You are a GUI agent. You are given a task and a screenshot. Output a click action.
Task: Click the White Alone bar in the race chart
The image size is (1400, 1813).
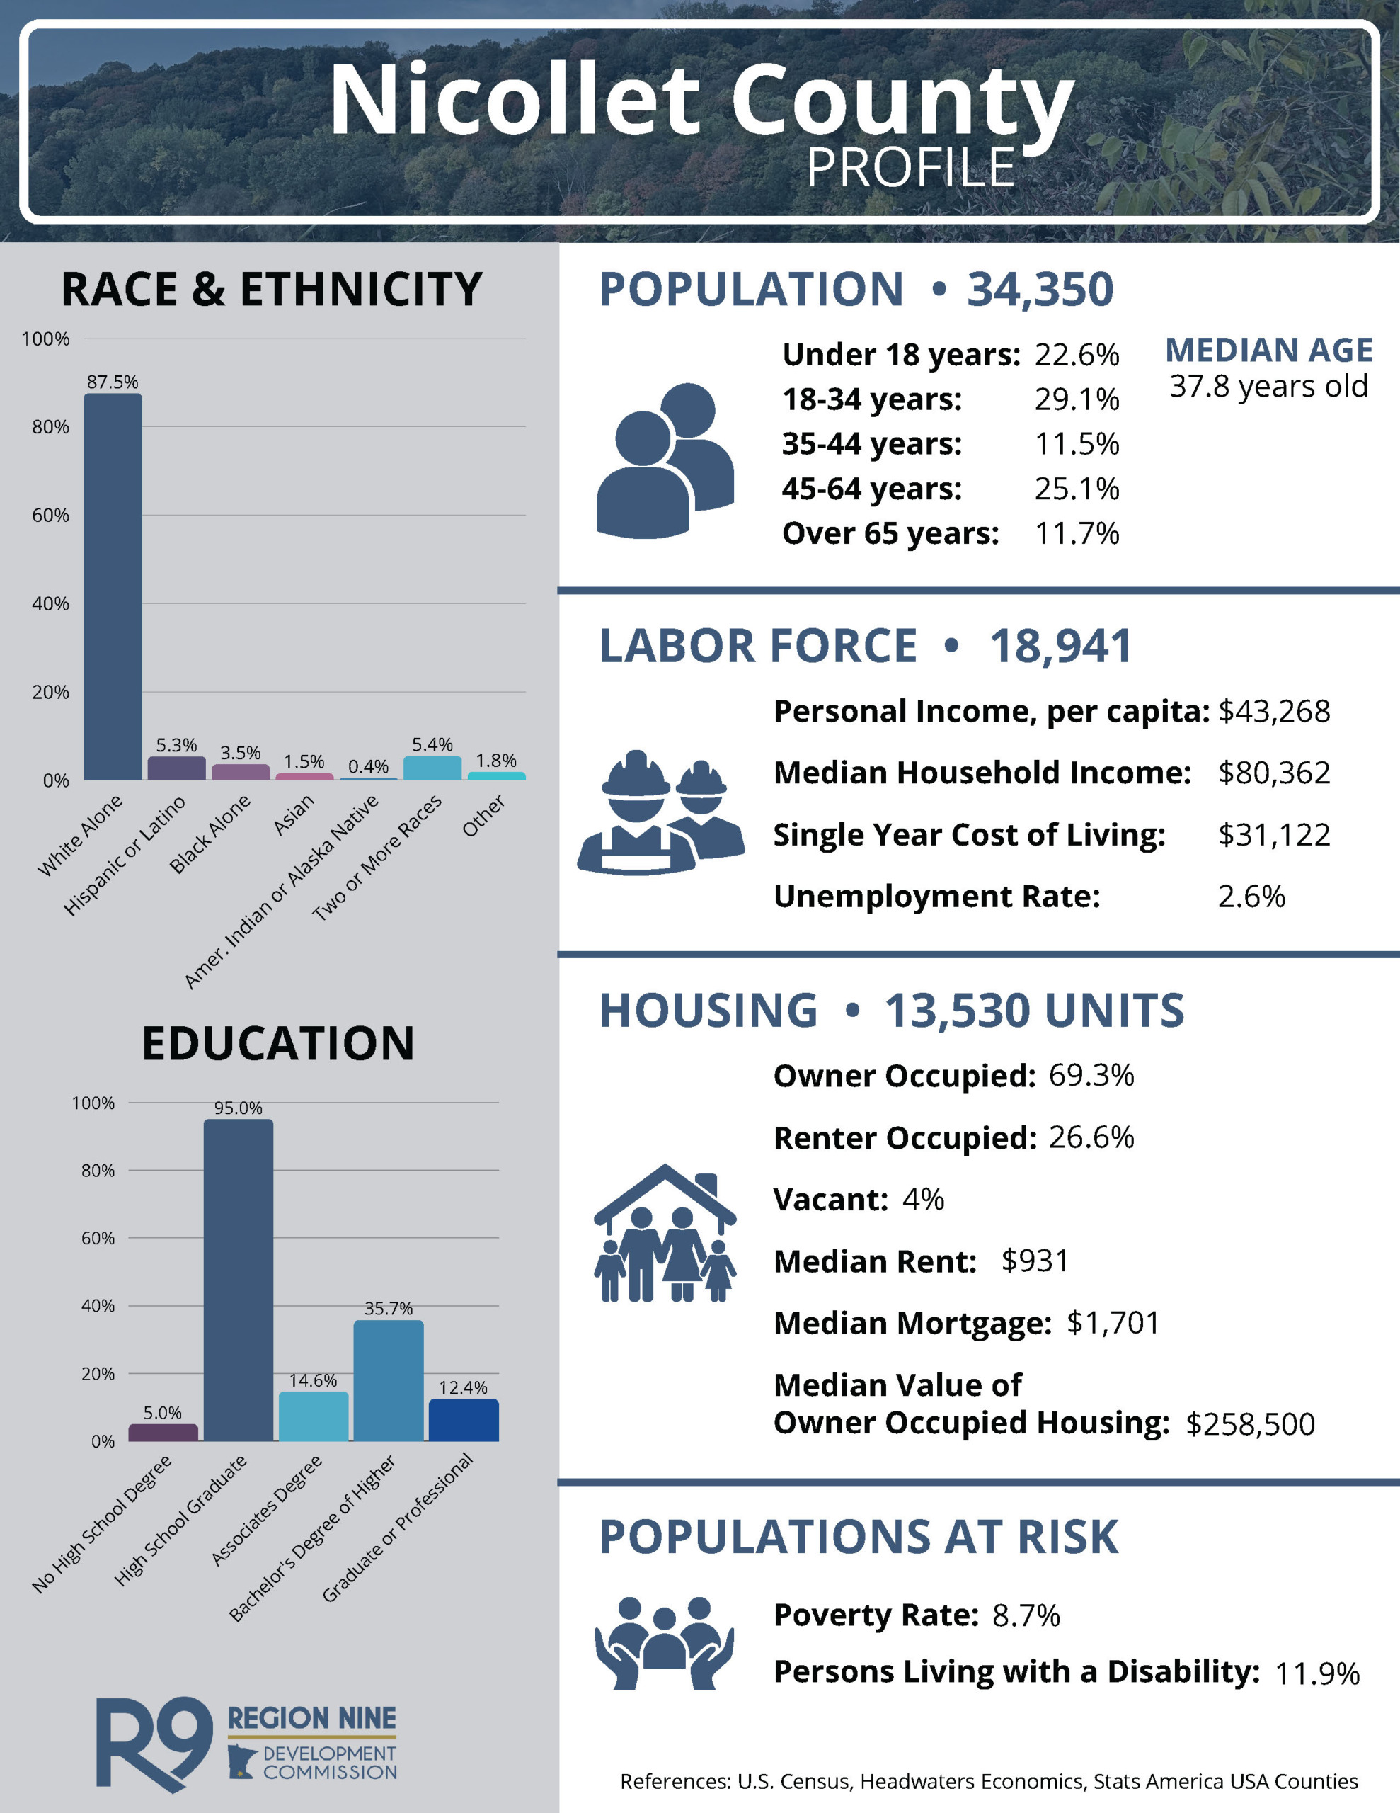(x=113, y=586)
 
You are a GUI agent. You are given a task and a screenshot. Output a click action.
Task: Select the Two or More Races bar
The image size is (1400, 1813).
(x=432, y=768)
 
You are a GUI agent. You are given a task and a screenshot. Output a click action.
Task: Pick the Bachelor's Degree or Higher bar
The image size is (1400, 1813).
(x=389, y=1380)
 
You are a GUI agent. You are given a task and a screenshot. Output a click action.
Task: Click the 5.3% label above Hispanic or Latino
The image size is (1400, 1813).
(x=176, y=744)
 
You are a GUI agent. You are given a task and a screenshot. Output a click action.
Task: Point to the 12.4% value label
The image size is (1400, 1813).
(x=463, y=1387)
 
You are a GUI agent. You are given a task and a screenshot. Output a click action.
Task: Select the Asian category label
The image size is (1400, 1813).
(x=294, y=814)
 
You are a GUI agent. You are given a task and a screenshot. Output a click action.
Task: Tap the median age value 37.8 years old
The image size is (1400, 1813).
(x=1268, y=386)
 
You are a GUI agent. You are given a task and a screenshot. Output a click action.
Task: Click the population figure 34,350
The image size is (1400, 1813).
(x=1040, y=289)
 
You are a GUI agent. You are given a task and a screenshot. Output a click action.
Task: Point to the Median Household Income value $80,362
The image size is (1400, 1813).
(x=1273, y=773)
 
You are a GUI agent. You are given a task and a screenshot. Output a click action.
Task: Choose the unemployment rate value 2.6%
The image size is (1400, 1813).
(x=1251, y=897)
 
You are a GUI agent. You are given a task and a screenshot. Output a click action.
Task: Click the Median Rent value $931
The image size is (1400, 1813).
(x=1035, y=1261)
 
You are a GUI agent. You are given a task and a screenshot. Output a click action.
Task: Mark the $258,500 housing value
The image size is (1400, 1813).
(x=1250, y=1423)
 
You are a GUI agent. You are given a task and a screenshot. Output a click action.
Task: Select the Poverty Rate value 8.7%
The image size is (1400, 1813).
(x=1026, y=1615)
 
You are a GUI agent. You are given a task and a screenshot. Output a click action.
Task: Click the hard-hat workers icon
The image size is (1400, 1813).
(x=660, y=814)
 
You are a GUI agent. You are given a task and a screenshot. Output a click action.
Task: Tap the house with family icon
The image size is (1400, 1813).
(x=665, y=1234)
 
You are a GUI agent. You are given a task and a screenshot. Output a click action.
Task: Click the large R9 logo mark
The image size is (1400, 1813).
(x=154, y=1741)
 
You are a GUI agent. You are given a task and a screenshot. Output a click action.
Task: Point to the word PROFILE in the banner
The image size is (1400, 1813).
(x=910, y=168)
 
